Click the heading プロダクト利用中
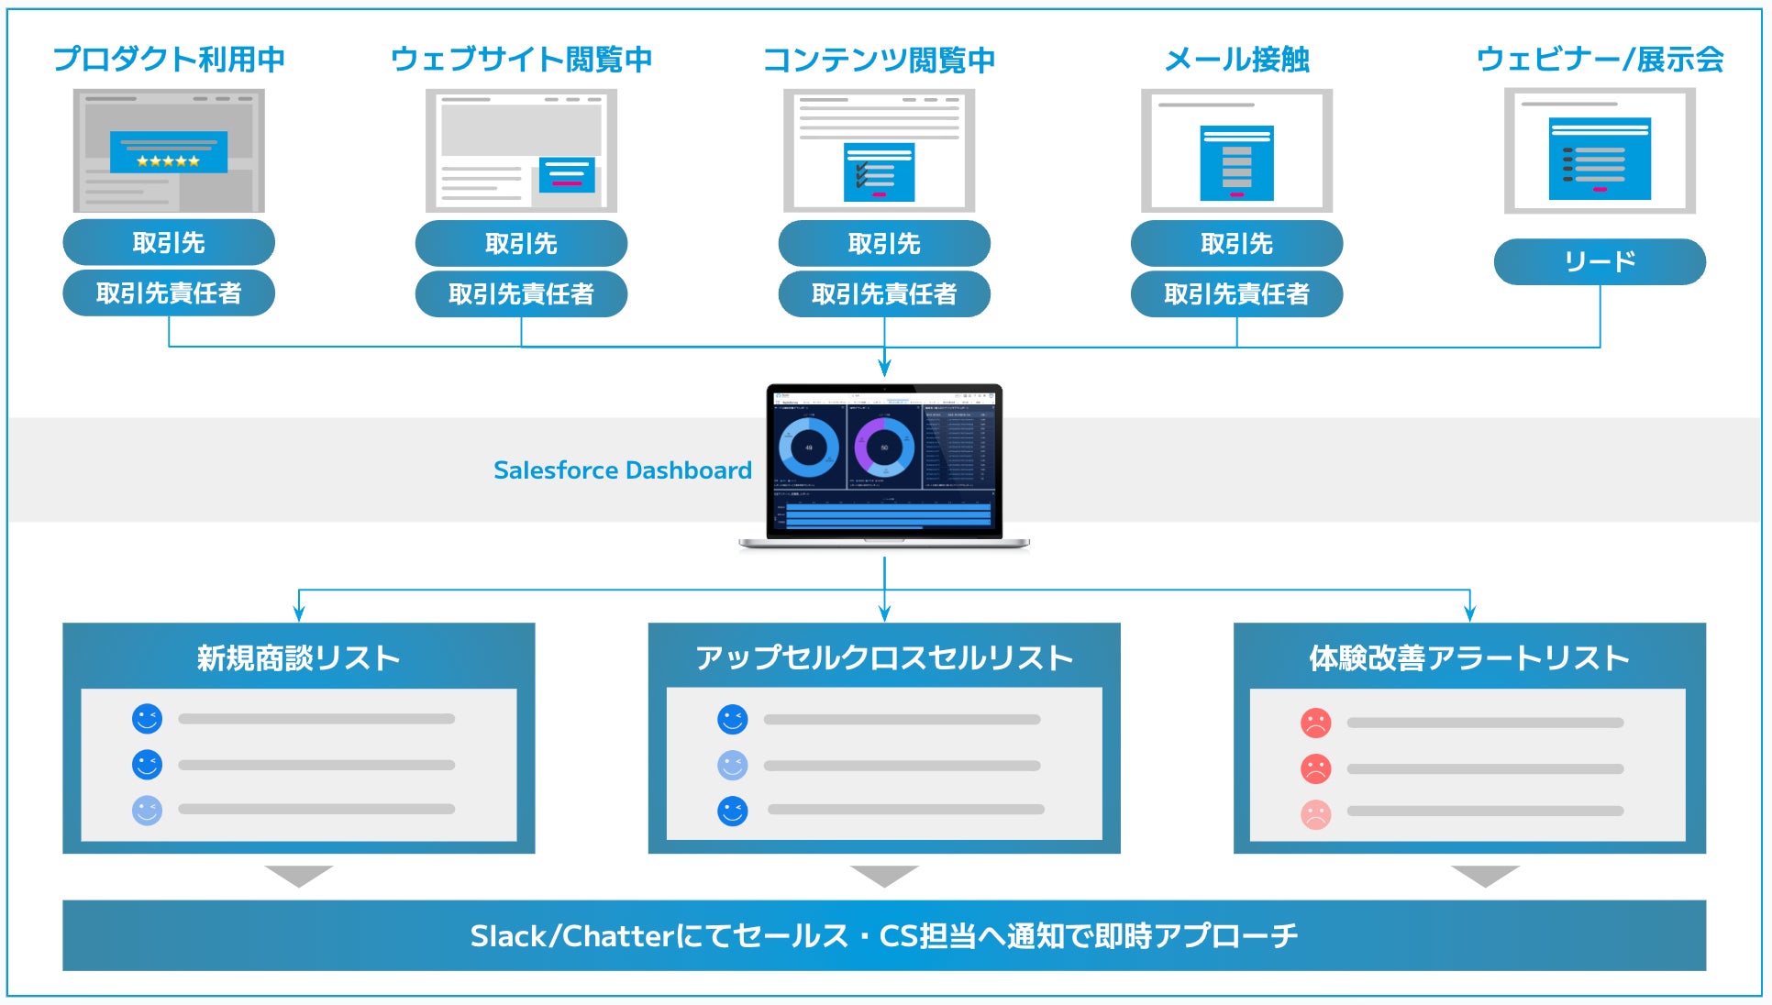169,60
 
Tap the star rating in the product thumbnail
168,161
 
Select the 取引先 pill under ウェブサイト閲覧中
521,244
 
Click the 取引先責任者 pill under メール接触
1236,294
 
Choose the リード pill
1600,262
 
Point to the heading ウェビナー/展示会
1600,60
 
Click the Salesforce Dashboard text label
622,470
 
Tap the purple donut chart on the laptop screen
883,447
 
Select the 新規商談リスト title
298,658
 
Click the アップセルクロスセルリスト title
884,658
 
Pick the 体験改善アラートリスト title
1468,658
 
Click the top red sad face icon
1315,723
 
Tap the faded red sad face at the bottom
1315,812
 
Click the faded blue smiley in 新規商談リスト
147,810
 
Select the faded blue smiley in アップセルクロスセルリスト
732,765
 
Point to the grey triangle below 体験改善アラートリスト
1485,875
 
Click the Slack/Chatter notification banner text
884,935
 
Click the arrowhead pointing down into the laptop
884,369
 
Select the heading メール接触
1236,60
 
